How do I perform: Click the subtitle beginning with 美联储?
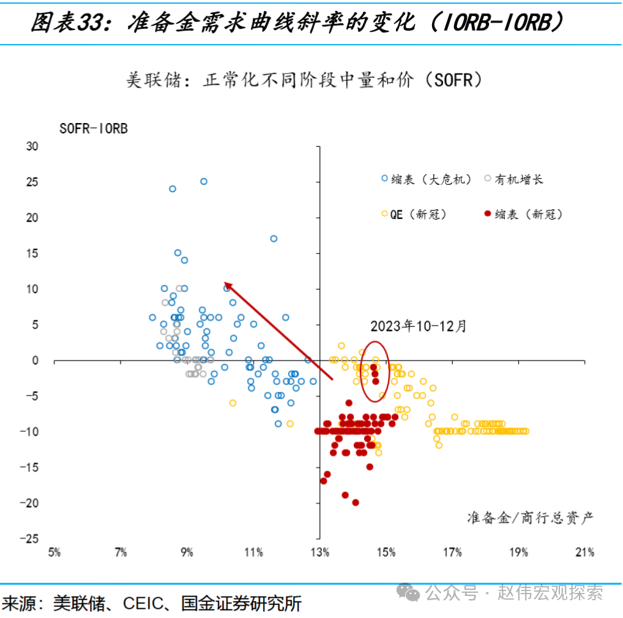tap(304, 80)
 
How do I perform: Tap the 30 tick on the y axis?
tap(32, 146)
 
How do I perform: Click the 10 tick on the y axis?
tap(32, 289)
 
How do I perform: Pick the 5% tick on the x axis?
tap(54, 553)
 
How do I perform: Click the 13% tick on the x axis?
tap(319, 553)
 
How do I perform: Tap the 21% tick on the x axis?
tap(584, 553)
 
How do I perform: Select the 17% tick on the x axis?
tap(452, 553)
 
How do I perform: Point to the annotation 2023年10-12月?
tap(418, 326)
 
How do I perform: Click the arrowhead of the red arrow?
tap(227, 285)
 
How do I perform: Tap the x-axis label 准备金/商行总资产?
tap(530, 518)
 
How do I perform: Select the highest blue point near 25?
tap(204, 181)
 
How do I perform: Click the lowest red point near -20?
tap(355, 502)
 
